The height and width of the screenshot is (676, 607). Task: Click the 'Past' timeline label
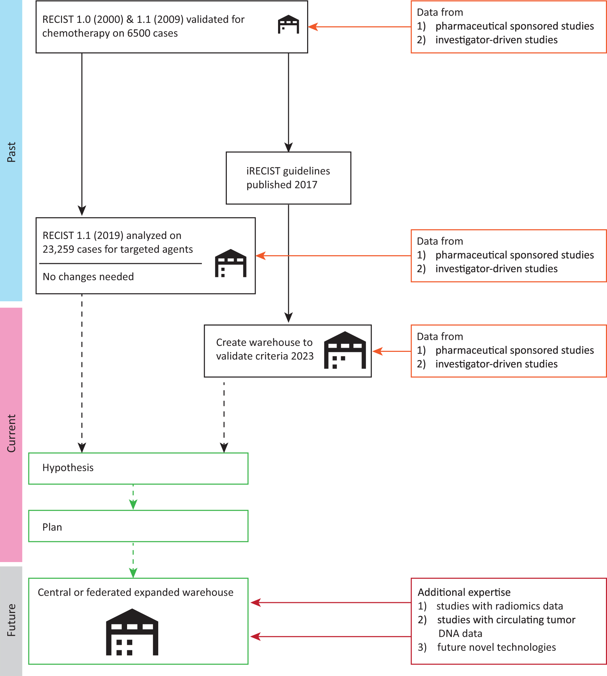pos(11,152)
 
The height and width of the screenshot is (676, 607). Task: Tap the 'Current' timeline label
pos(11,433)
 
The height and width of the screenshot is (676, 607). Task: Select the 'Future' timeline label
pos(11,620)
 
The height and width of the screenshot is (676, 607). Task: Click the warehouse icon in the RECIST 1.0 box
pos(288,24)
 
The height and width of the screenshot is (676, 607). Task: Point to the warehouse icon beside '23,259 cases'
pos(231,263)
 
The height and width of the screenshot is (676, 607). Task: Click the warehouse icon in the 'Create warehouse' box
pos(345,350)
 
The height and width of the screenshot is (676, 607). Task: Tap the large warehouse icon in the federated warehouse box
pos(132,632)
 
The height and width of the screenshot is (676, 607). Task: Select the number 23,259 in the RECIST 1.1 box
pos(58,249)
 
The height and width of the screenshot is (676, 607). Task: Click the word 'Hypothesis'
pos(68,468)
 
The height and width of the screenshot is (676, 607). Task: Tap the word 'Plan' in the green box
pos(52,527)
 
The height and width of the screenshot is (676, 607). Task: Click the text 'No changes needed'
pos(88,277)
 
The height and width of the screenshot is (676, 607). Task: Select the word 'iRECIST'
pos(263,171)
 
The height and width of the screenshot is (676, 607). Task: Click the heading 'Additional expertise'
pos(464,592)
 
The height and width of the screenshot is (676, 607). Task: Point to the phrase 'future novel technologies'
pos(497,647)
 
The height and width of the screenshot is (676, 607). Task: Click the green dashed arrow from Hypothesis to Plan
pos(133,497)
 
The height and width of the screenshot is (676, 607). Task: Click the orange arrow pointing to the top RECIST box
pos(359,27)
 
